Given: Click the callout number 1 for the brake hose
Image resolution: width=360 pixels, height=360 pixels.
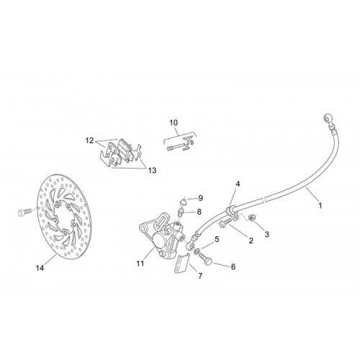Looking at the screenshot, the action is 320,206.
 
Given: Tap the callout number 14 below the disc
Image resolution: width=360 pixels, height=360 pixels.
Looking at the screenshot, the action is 40,268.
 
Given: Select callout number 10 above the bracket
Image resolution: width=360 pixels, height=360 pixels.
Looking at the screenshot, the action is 174,122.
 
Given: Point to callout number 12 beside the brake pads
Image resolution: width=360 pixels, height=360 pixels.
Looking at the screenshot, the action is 89,140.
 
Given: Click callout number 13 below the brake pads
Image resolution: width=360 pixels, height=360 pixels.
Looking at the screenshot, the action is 152,171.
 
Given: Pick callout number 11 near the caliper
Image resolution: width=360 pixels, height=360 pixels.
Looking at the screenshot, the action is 140,264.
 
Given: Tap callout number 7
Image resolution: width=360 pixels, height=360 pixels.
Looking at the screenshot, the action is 200,276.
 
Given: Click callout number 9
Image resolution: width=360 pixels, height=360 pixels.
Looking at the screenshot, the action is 200,198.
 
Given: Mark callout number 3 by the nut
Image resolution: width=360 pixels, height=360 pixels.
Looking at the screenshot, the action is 266,234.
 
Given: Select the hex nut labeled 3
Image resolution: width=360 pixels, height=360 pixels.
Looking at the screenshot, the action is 252,218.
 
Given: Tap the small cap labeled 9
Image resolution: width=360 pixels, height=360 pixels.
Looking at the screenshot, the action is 184,201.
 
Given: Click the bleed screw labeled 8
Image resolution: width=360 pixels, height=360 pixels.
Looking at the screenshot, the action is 181,212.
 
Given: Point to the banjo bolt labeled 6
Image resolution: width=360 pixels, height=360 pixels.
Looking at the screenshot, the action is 205,258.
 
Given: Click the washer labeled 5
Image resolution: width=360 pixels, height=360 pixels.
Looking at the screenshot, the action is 197,251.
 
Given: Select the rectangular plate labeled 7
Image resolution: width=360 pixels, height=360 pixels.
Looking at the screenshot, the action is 182,264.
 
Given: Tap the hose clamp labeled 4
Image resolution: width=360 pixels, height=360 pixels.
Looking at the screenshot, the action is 231,212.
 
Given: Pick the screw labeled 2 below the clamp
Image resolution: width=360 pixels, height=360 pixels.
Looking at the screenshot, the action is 225,223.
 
